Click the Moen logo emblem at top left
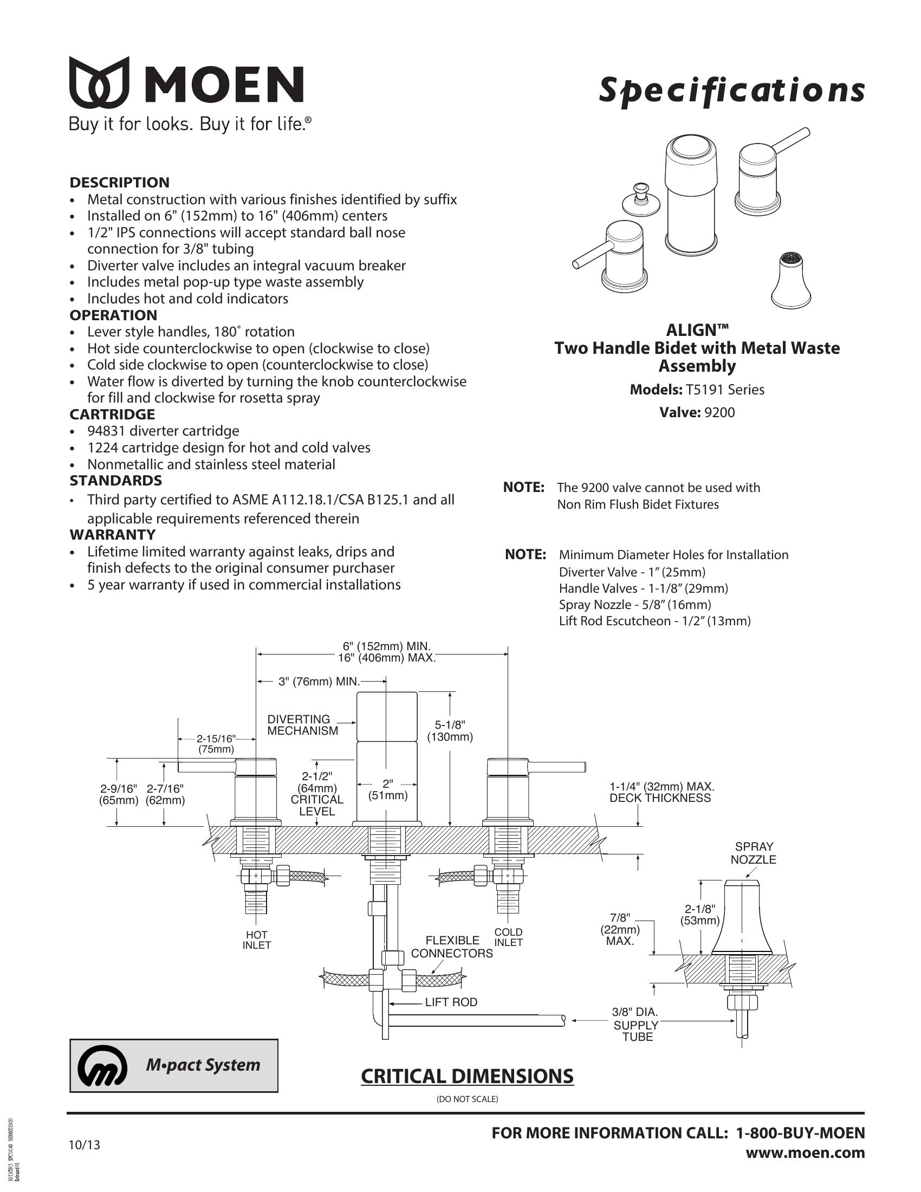99,82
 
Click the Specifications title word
732,90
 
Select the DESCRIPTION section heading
120,182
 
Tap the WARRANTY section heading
112,534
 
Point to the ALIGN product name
697,329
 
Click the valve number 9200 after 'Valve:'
719,412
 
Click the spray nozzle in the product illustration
790,281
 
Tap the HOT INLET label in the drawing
256,941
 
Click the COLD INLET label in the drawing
509,937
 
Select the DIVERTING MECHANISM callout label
302,725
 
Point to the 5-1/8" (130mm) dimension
450,731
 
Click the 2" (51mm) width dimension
387,790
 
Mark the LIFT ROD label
451,1002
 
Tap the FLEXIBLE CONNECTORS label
452,947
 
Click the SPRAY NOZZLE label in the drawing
754,853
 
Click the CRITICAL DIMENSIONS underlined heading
467,1076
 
